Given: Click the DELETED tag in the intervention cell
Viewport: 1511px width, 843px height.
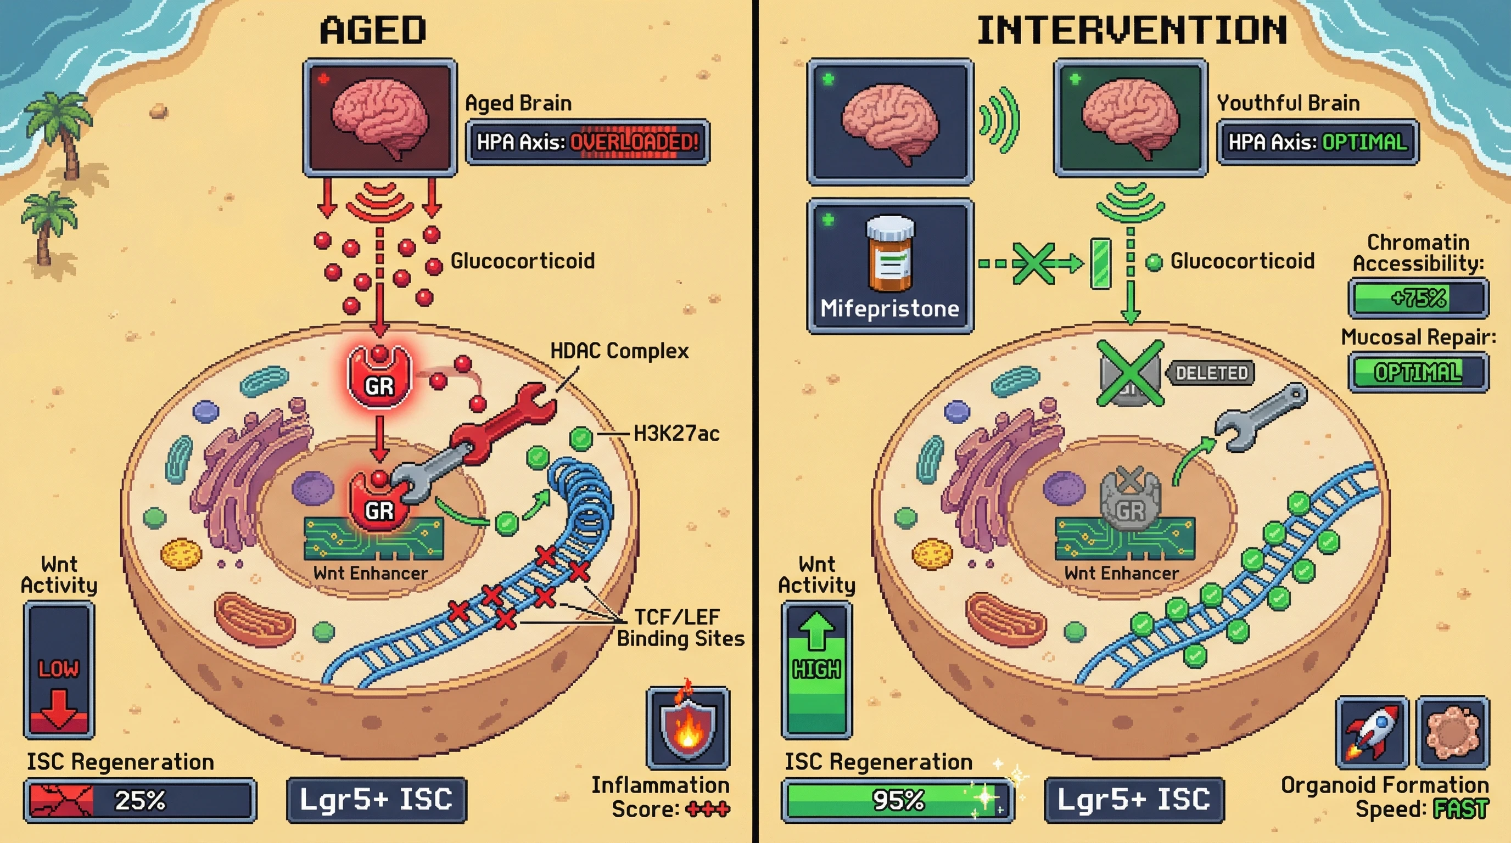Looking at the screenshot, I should pos(1211,373).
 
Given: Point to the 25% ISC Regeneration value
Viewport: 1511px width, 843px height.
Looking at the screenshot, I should pos(139,800).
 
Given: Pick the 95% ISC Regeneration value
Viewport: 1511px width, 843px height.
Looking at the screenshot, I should pos(898,800).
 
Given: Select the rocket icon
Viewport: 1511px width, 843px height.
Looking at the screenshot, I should pos(1372,732).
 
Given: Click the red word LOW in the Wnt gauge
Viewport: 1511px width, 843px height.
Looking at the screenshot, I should pos(58,669).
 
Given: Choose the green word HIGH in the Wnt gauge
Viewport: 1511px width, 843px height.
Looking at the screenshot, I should pos(816,669).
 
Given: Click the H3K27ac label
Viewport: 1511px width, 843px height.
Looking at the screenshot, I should pos(676,434).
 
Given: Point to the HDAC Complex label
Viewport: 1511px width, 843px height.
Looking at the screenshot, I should pos(619,351).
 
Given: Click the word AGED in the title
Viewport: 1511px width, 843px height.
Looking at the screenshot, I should pos(373,31).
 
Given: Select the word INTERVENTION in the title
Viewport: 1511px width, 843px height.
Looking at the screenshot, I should pos(1132,31).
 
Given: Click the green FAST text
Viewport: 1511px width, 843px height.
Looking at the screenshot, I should pos(1460,810).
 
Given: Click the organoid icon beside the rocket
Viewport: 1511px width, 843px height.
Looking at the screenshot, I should pos(1453,732).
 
